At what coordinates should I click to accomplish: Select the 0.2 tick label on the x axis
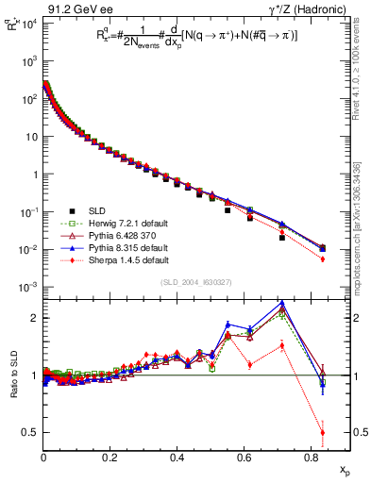[x=110, y=461]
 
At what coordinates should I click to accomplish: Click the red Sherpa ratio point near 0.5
[x=323, y=432]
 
